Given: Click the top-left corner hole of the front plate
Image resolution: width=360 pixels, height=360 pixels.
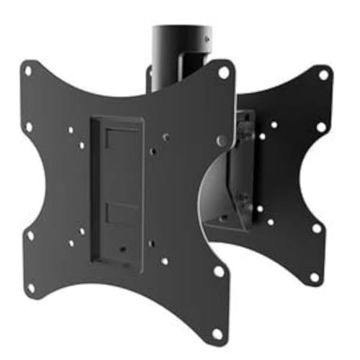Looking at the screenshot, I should click(x=28, y=70).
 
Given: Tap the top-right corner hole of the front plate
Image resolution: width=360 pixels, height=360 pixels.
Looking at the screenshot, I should click(x=224, y=72).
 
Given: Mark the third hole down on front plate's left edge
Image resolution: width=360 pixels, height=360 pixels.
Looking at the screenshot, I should click(x=30, y=234).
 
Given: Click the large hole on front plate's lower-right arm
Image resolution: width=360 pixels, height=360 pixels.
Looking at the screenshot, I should click(x=219, y=271).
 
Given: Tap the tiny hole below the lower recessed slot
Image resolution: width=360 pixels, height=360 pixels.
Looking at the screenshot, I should click(x=123, y=250).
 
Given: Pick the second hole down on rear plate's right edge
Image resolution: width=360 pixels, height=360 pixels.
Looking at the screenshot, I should click(x=321, y=127).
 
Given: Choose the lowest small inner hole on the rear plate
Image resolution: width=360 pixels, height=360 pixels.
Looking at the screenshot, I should click(x=271, y=222).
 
